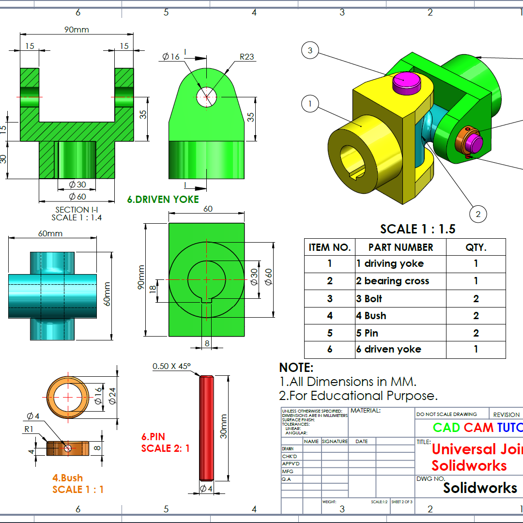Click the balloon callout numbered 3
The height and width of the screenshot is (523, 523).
(x=310, y=50)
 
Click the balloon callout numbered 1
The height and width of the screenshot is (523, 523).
(x=310, y=103)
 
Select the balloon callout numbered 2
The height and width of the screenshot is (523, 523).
(x=478, y=214)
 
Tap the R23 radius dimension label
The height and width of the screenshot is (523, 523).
(x=246, y=57)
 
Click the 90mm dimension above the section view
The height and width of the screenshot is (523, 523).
(x=77, y=30)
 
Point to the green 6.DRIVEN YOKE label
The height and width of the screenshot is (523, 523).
(x=163, y=199)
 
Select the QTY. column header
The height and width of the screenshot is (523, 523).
(x=476, y=247)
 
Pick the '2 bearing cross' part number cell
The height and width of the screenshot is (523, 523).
(x=393, y=281)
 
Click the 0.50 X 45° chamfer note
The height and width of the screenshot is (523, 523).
(x=171, y=366)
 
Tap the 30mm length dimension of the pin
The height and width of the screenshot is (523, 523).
(x=223, y=426)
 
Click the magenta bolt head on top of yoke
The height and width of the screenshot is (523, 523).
(x=406, y=82)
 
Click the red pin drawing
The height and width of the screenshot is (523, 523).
(x=206, y=428)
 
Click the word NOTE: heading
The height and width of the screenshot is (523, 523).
(x=296, y=368)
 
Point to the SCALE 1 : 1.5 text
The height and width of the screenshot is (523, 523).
(x=417, y=229)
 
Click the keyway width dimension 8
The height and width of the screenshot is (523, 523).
(x=207, y=343)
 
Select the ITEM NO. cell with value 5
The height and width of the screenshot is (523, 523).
(x=330, y=333)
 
